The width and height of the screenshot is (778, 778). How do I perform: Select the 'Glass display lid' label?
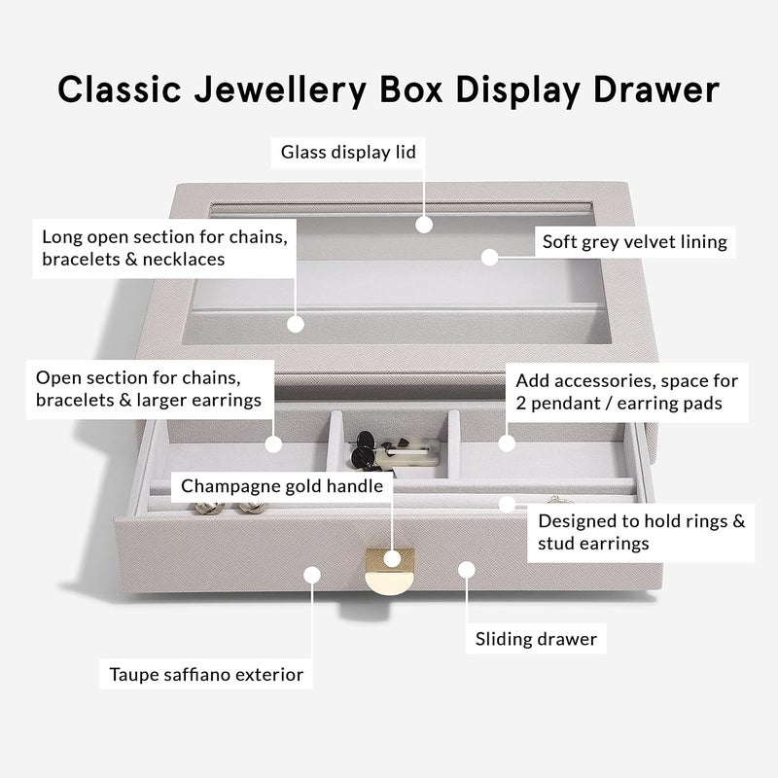pos(348,153)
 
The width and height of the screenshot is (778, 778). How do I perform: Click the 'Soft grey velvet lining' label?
pos(634,242)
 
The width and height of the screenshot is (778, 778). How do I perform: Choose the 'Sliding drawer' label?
pos(536,639)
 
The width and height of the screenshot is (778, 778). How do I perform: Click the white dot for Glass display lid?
pos(423,225)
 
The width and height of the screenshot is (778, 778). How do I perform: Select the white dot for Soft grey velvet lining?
pos(490,257)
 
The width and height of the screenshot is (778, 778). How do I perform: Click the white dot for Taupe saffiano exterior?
pos(310,574)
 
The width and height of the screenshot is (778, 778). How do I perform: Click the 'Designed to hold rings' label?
pos(641,532)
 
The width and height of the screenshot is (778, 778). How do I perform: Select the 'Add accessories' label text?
pos(626,391)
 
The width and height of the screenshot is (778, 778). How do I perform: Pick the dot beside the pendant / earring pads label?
pos(506,442)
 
